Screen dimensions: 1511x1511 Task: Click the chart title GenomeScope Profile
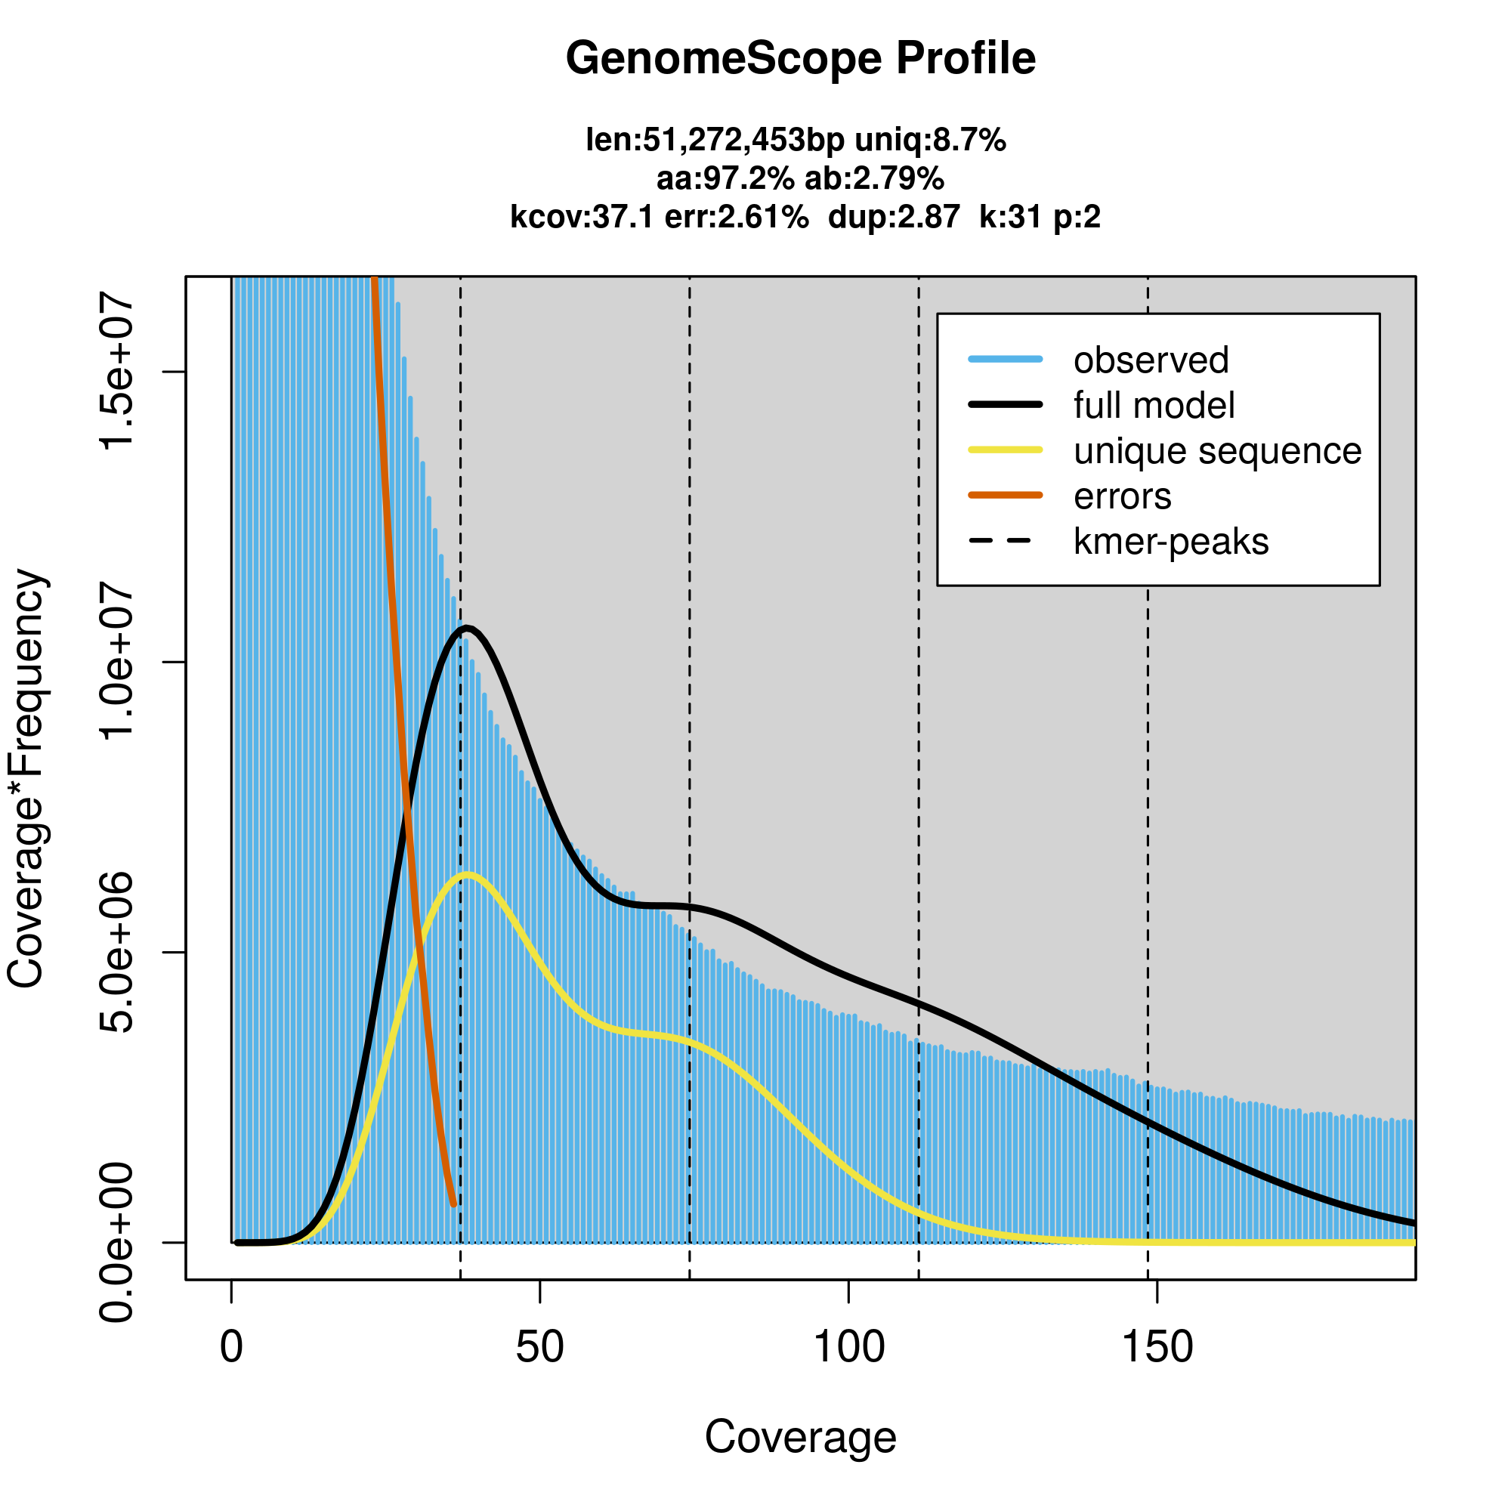pyautogui.click(x=800, y=59)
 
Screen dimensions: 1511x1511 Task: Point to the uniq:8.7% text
pyautogui.click(x=930, y=141)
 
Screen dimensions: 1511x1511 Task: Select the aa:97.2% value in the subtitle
pyautogui.click(x=725, y=179)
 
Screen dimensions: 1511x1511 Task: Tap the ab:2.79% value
pyautogui.click(x=874, y=179)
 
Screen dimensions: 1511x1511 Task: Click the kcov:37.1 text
pyautogui.click(x=581, y=217)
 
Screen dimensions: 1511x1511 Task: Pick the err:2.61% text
pyautogui.click(x=736, y=217)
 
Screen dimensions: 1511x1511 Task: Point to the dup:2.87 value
pyautogui.click(x=893, y=217)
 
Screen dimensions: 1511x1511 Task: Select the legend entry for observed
pyautogui.click(x=1151, y=360)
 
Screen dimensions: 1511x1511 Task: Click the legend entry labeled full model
pyautogui.click(x=1154, y=406)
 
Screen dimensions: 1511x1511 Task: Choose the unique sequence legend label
pyautogui.click(x=1217, y=451)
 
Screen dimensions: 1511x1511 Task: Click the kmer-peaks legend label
pyautogui.click(x=1171, y=542)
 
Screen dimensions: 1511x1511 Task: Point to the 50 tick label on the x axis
pyautogui.click(x=539, y=1347)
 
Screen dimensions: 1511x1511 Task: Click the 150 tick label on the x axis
pyautogui.click(x=1157, y=1347)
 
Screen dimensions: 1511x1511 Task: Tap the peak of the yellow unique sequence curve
pyautogui.click(x=467, y=874)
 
